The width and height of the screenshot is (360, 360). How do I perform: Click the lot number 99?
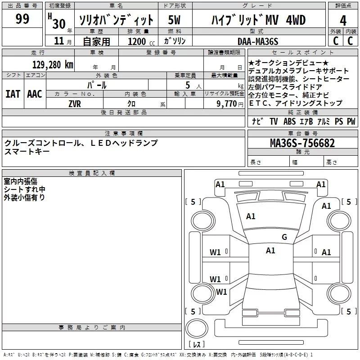22,19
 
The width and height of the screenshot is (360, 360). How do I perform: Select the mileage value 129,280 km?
53,65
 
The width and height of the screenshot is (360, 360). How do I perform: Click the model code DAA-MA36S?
258,41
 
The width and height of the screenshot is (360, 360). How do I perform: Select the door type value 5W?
175,20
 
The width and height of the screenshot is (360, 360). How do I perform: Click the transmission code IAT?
13,94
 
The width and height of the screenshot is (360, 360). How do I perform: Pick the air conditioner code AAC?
34,94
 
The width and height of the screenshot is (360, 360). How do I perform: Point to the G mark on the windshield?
284,237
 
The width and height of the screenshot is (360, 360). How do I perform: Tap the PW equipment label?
351,121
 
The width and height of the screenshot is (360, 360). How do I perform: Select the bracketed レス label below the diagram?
197,344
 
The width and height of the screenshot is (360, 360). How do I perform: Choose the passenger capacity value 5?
187,85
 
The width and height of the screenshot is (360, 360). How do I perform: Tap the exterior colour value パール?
97,85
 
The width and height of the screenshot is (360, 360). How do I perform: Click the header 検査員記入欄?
92,173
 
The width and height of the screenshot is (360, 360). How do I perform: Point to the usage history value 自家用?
96,42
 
